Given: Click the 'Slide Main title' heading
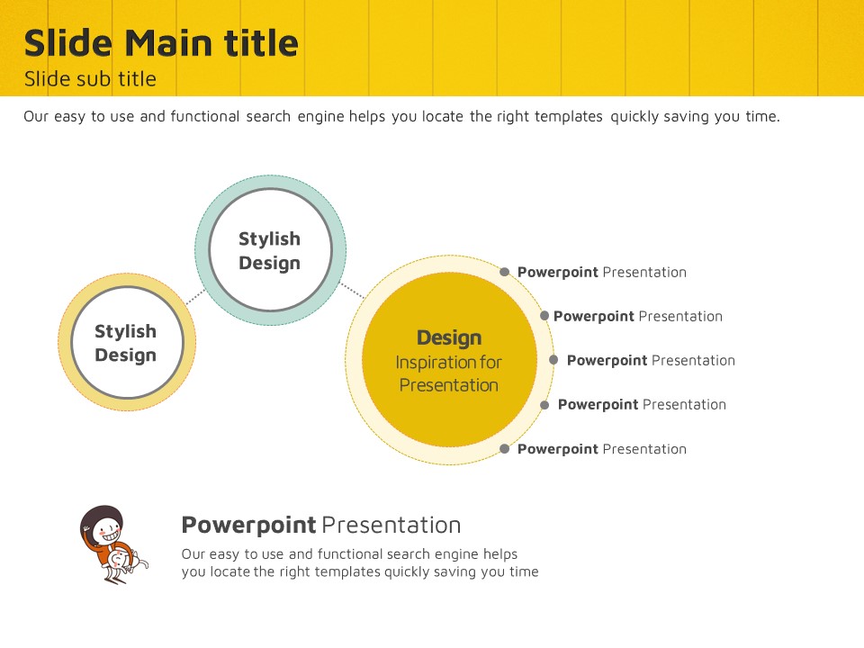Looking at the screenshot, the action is [161, 43].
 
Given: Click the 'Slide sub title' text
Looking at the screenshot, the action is [90, 79].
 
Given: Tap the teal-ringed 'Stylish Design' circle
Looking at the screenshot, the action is [270, 250].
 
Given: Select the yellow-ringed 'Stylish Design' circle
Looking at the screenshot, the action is [127, 342].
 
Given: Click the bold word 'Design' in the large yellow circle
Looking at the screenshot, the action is [449, 337].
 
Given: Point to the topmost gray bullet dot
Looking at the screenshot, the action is [504, 272].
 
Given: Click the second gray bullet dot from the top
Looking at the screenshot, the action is [544, 316].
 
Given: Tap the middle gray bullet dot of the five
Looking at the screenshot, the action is [553, 360].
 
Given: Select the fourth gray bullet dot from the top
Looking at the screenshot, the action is [544, 405].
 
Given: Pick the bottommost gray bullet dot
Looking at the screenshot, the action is [504, 448].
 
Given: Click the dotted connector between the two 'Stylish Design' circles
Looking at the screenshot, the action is [195, 297].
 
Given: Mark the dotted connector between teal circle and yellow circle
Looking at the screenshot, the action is [352, 291].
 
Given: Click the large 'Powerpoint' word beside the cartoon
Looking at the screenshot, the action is [249, 526].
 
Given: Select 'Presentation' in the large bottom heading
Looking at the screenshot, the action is [391, 526].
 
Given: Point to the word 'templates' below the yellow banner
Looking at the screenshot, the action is [568, 117].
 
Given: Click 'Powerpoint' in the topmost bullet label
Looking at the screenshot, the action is [558, 272].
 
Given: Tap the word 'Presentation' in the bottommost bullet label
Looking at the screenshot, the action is [644, 449].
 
